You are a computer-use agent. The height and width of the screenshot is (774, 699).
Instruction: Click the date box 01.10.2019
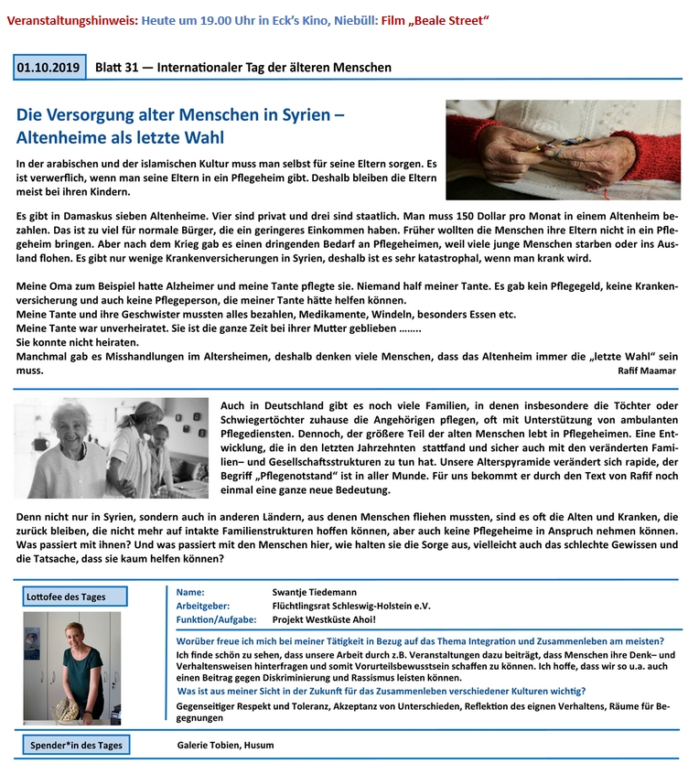coord(49,67)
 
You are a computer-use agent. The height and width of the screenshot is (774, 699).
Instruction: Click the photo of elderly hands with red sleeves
coord(563,149)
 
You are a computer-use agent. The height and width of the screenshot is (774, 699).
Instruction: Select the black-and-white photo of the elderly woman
coord(112,447)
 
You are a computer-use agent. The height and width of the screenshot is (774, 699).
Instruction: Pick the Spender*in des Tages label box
coord(76,745)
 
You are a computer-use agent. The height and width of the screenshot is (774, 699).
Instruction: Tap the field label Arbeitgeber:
coord(202,606)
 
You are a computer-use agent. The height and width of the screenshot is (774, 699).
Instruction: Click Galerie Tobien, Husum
coord(224,745)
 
